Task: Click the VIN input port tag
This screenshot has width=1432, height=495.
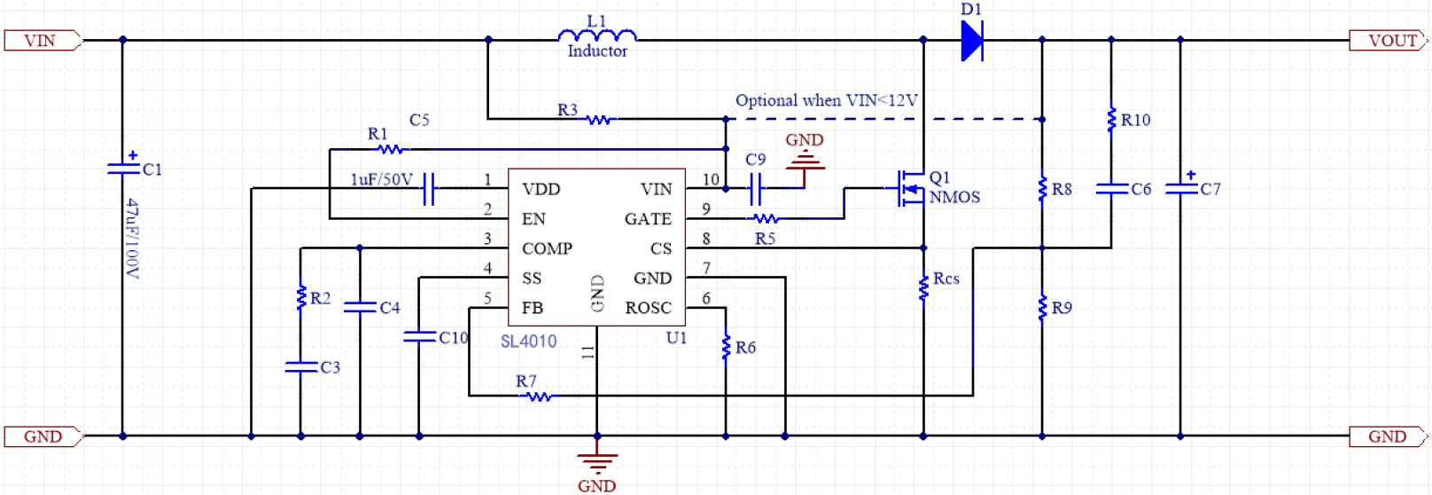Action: pyautogui.click(x=42, y=40)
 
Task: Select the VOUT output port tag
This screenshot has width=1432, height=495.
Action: pyautogui.click(x=1388, y=40)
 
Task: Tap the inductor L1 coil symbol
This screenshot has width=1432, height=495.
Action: pyautogui.click(x=597, y=36)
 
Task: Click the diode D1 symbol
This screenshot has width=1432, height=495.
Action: pyautogui.click(x=972, y=40)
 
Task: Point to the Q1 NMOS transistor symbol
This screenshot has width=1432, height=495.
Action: pyautogui.click(x=911, y=188)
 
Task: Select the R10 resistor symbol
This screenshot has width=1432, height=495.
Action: pyautogui.click(x=1111, y=120)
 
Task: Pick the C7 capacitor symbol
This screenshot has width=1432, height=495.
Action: pyautogui.click(x=1179, y=188)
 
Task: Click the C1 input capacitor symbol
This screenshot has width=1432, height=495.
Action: pyautogui.click(x=123, y=169)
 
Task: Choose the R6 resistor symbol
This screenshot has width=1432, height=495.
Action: pyautogui.click(x=726, y=346)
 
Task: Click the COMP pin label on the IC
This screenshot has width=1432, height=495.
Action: pyautogui.click(x=547, y=248)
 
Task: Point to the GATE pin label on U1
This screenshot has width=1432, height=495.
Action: pyautogui.click(x=648, y=219)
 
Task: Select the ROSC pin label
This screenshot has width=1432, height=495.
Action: pyautogui.click(x=648, y=308)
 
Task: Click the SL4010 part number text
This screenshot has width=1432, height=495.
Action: pyautogui.click(x=528, y=342)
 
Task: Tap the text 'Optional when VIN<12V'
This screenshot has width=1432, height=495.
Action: pyautogui.click(x=826, y=100)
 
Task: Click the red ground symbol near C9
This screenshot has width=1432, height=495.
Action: pyautogui.click(x=805, y=161)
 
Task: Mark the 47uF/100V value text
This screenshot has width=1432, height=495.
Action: pyautogui.click(x=132, y=238)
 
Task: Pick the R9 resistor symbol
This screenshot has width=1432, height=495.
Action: pyautogui.click(x=1042, y=308)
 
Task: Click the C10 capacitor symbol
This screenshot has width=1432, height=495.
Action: pyautogui.click(x=419, y=337)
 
